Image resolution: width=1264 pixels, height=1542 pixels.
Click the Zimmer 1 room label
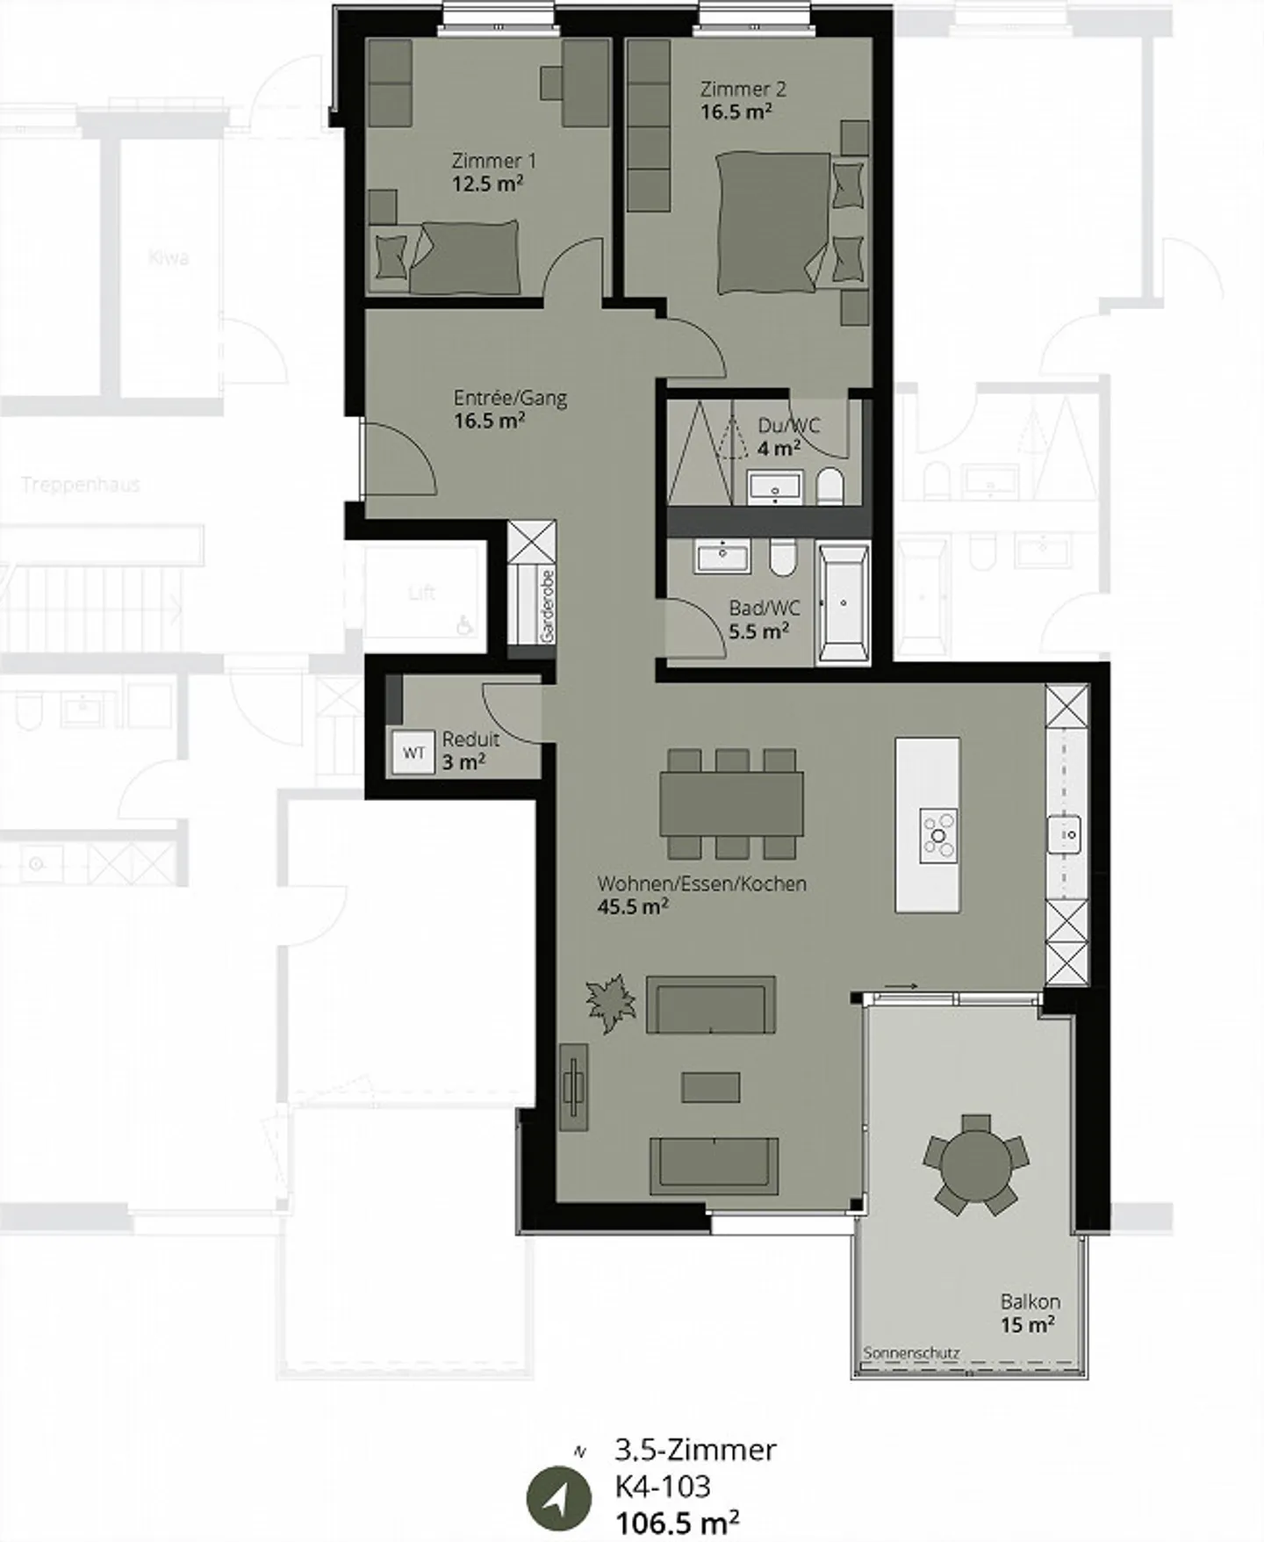(493, 161)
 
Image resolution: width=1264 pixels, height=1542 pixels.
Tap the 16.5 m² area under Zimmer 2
(736, 112)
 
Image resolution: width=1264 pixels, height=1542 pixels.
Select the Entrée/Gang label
(510, 398)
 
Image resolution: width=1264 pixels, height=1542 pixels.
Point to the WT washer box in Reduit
(413, 753)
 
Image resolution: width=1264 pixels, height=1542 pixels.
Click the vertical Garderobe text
(548, 605)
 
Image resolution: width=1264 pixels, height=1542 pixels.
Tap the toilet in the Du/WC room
(829, 486)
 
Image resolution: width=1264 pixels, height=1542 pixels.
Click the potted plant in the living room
(611, 1002)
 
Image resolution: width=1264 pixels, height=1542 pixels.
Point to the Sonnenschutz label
(911, 1353)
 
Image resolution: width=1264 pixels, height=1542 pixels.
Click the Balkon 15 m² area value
(1028, 1324)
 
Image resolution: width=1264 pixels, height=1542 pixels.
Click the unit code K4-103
(663, 1487)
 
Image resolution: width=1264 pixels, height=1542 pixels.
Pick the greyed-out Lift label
(421, 593)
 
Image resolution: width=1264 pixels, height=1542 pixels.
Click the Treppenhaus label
(81, 485)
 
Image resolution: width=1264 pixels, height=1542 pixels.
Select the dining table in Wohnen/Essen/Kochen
(731, 803)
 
